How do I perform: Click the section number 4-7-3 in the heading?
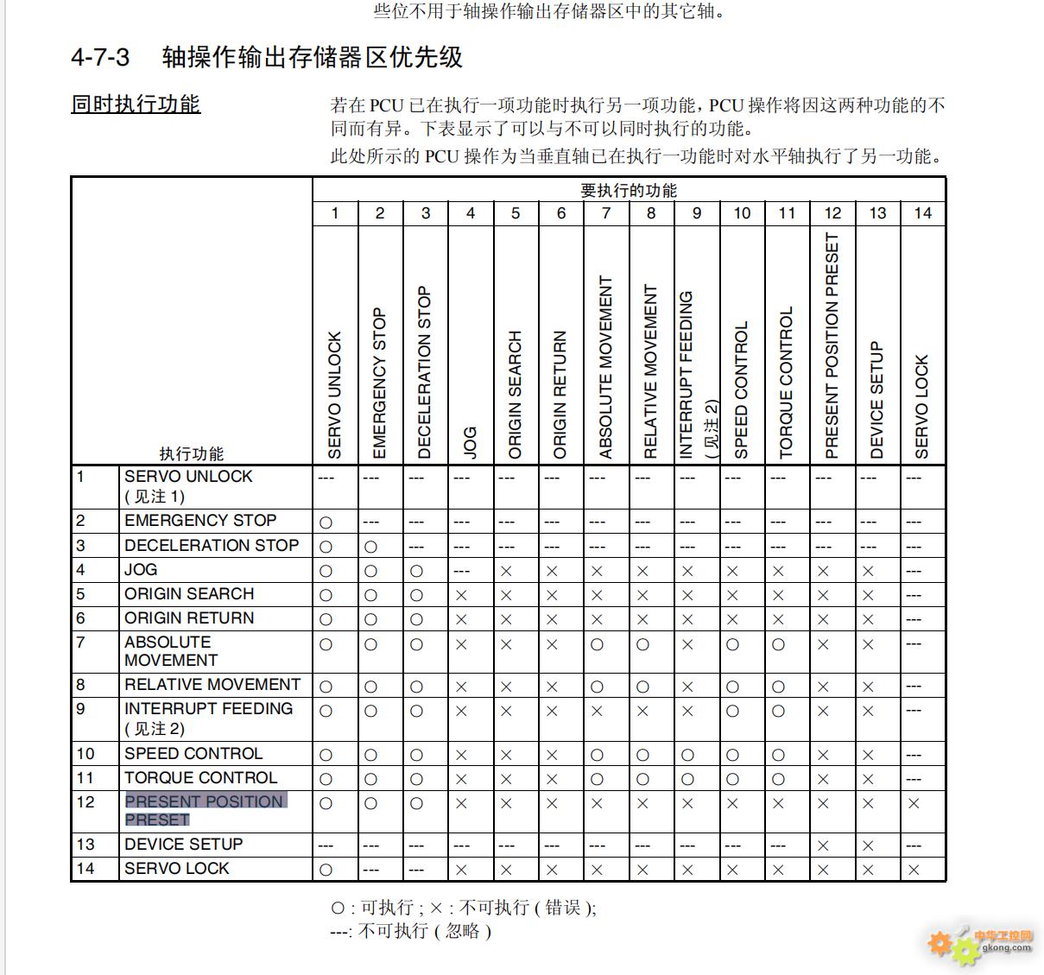[x=100, y=58]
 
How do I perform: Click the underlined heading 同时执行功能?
[x=136, y=104]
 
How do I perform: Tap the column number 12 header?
[x=832, y=213]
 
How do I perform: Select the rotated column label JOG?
[x=470, y=441]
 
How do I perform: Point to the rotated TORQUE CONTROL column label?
[x=786, y=382]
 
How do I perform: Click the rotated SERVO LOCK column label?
[x=921, y=406]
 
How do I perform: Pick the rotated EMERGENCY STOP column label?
[x=380, y=383]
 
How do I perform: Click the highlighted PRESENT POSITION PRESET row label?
[x=205, y=810]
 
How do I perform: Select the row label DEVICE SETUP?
[x=183, y=844]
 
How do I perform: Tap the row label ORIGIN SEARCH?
[x=189, y=593]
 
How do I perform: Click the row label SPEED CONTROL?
[x=193, y=753]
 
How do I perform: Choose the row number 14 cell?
[x=85, y=868]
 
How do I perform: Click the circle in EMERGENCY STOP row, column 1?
[x=326, y=522]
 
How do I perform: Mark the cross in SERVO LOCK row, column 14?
[x=914, y=870]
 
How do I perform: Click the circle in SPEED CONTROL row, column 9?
[x=687, y=755]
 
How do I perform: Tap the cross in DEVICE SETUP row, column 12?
[x=823, y=845]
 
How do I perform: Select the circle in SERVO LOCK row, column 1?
[x=326, y=870]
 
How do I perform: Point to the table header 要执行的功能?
[x=628, y=190]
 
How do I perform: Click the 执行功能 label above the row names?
[x=191, y=453]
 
